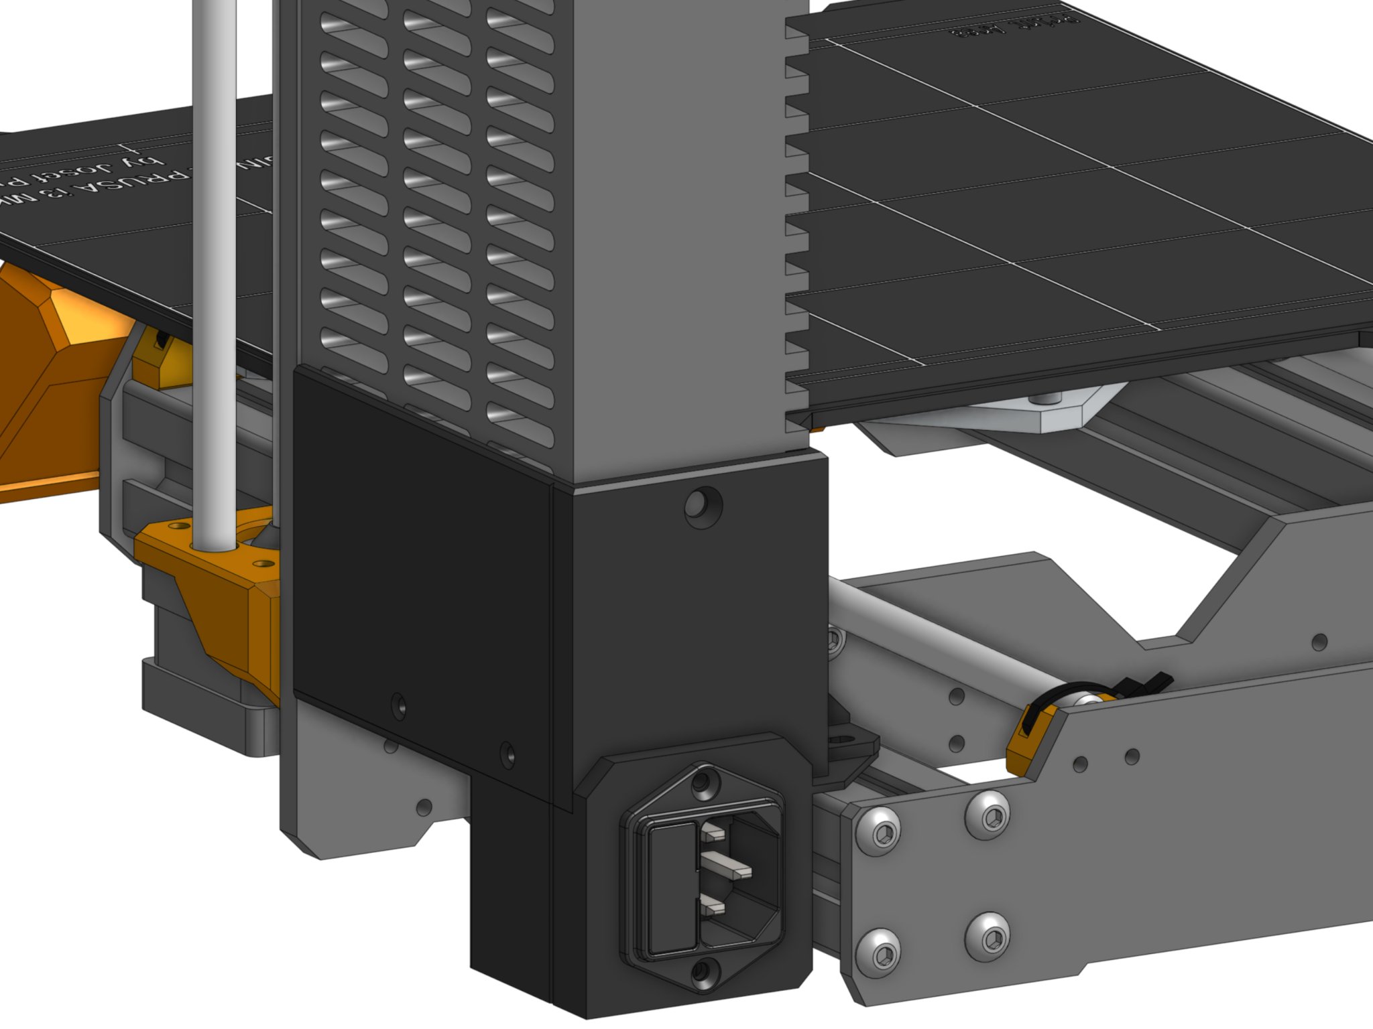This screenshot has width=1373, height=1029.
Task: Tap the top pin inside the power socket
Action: point(713,833)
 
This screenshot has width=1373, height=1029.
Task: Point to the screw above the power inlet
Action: point(703,782)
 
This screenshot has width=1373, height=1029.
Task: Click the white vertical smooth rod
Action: point(215,268)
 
